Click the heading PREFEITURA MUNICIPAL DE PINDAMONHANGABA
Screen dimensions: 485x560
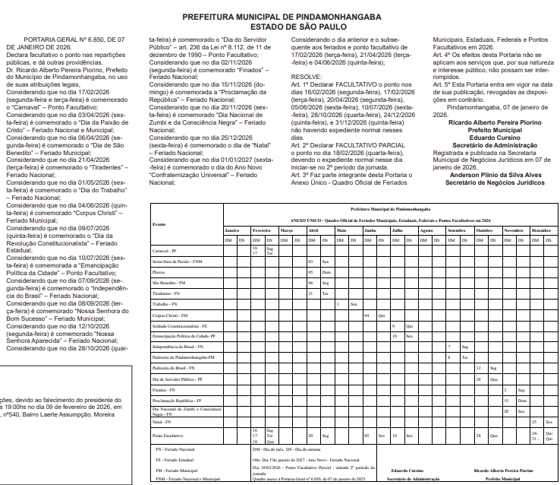[x=282, y=16]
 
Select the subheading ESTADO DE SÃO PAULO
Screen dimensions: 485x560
[x=282, y=26]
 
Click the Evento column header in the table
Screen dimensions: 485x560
[x=160, y=224]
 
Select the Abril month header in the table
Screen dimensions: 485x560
[x=312, y=230]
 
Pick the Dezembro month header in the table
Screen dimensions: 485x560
[x=541, y=230]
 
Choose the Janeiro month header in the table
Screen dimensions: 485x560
[x=232, y=230]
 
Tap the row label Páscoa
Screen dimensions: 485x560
[x=159, y=271]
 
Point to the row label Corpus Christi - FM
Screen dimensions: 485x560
[x=170, y=315]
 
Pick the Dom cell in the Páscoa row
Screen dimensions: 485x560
[x=326, y=271]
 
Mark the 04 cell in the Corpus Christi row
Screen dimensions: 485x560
[x=367, y=315]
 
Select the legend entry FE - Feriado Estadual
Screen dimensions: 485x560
[x=176, y=460]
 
